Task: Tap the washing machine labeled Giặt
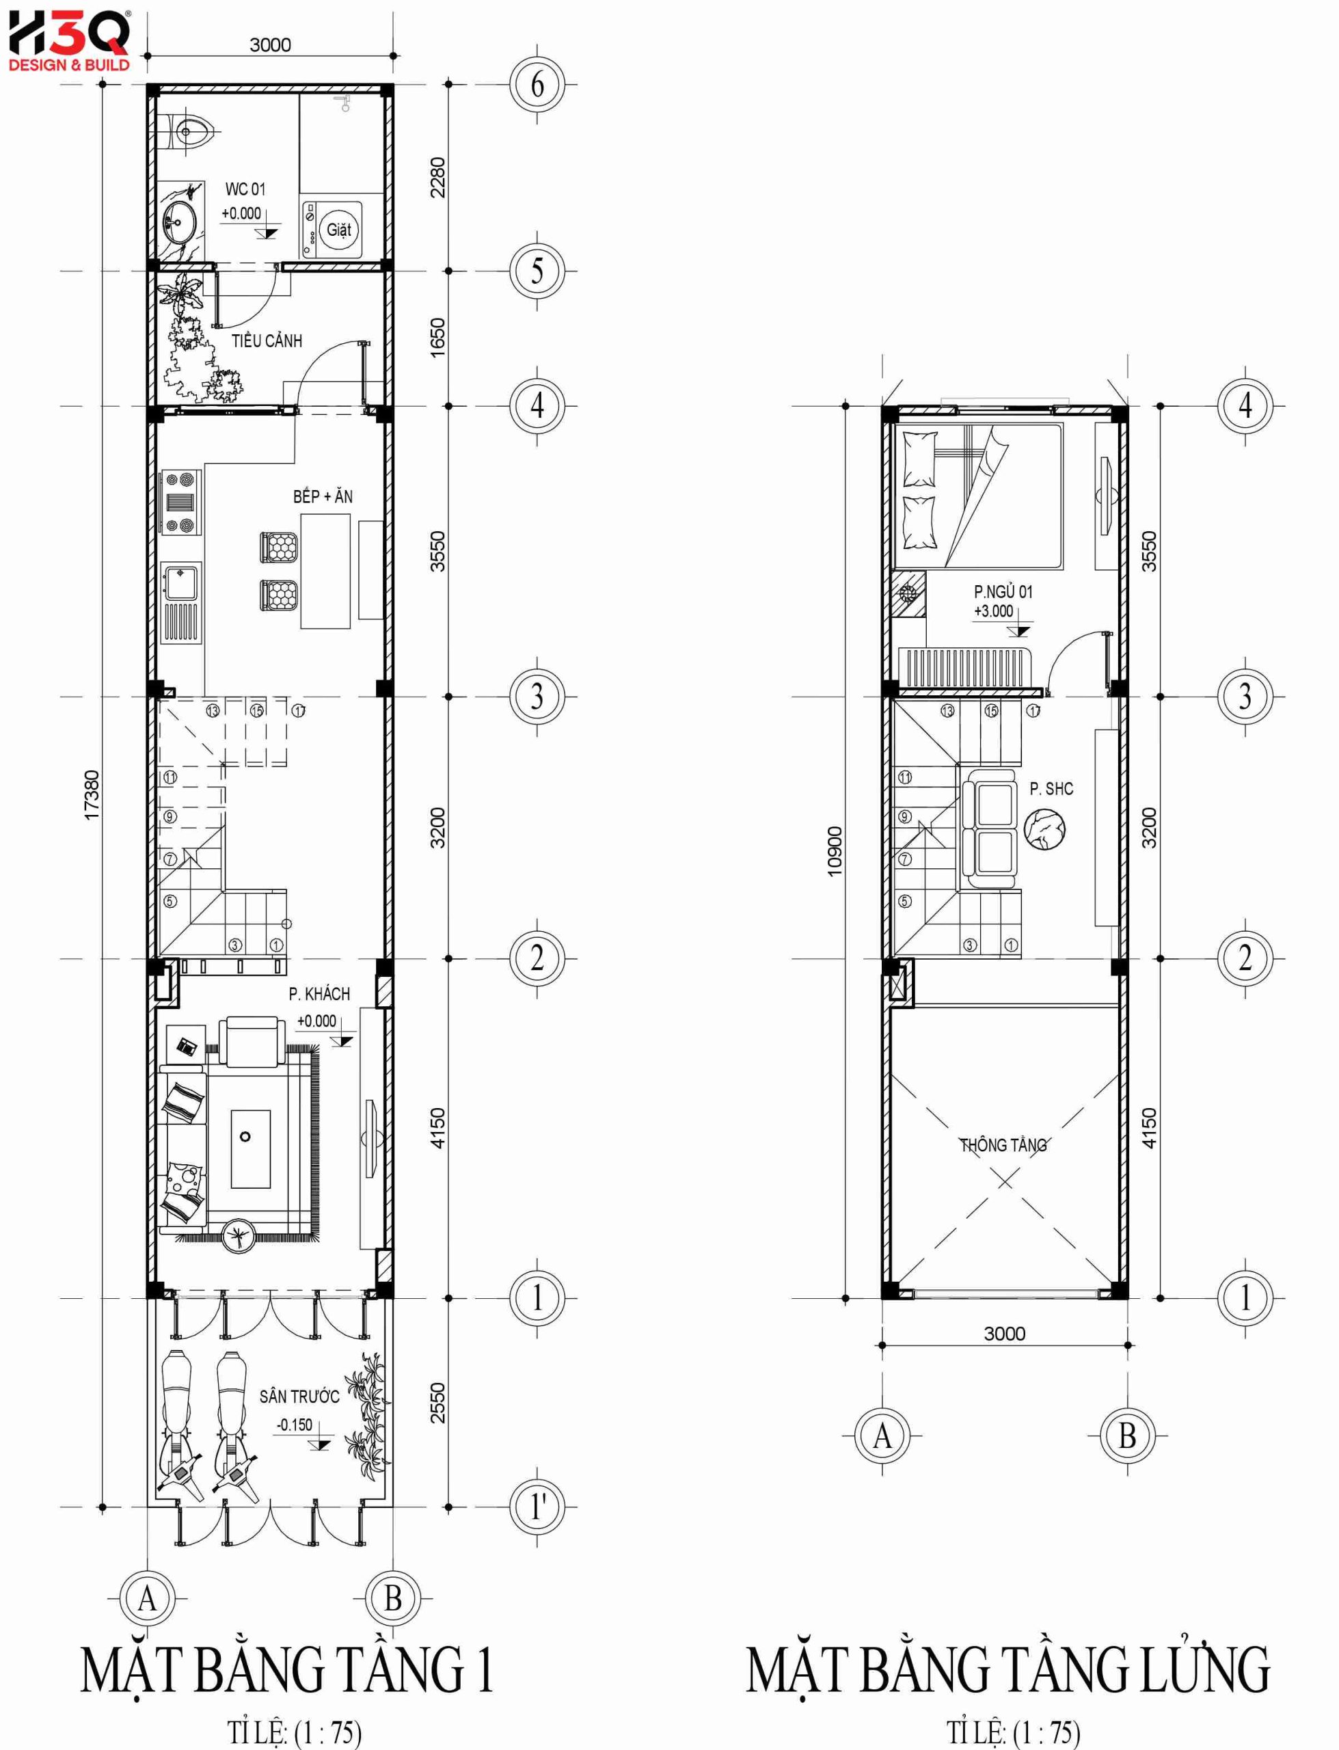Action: [x=331, y=230]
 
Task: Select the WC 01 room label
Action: [x=245, y=189]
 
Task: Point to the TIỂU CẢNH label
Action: [x=267, y=341]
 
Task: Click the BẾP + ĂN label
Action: [x=323, y=496]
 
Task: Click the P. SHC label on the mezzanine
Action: [x=1051, y=789]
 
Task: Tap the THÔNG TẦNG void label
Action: [x=1003, y=1145]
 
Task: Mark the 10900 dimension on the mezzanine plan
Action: [x=835, y=851]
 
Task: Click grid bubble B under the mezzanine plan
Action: [x=1127, y=1436]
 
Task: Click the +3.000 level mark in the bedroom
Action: [x=994, y=612]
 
